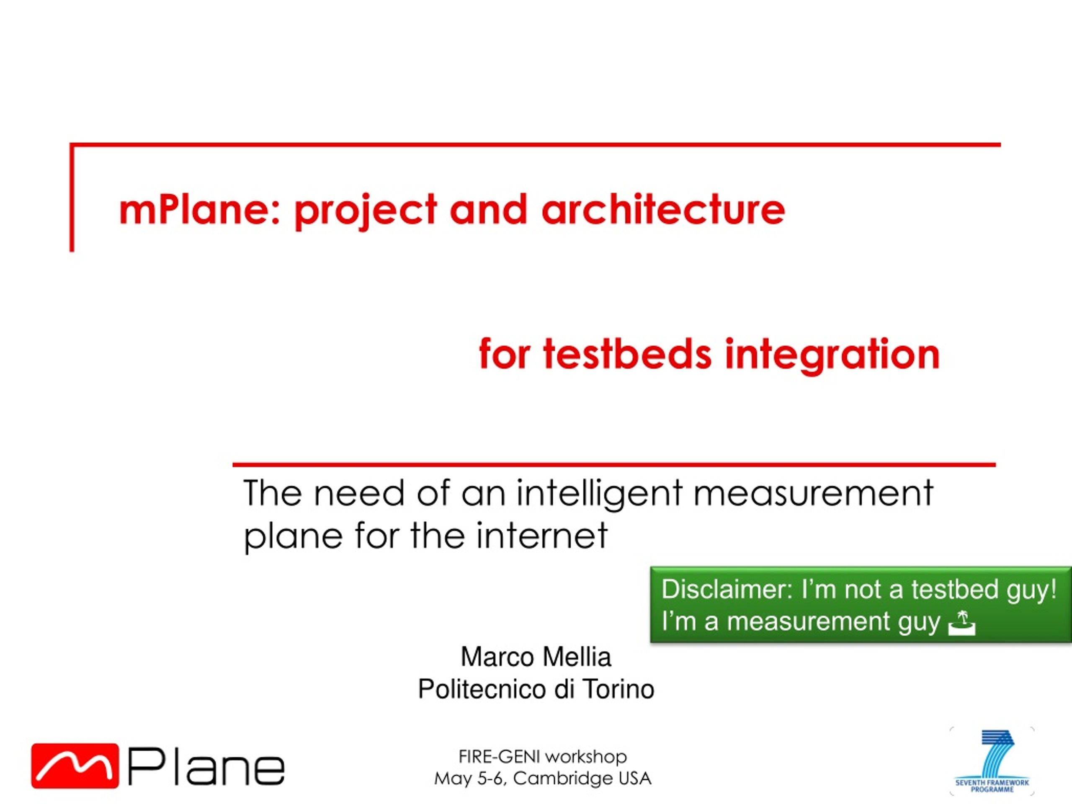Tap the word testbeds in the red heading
pyautogui.click(x=628, y=354)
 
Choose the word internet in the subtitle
pyautogui.click(x=541, y=536)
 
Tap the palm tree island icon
pyautogui.click(x=961, y=623)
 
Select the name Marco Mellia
pyautogui.click(x=536, y=657)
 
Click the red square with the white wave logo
pyautogui.click(x=75, y=766)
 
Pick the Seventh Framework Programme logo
pyautogui.click(x=992, y=761)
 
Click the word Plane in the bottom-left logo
pyautogui.click(x=206, y=767)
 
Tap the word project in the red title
pyautogui.click(x=366, y=212)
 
